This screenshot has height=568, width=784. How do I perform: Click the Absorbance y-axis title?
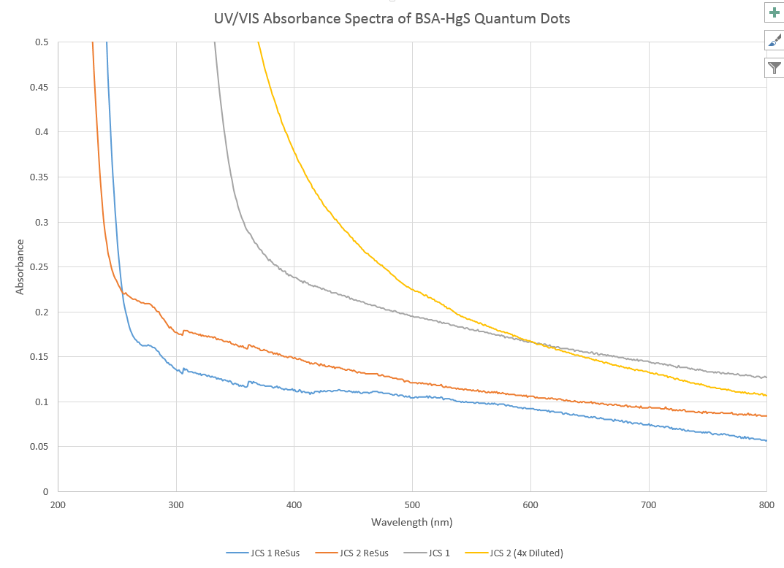click(20, 267)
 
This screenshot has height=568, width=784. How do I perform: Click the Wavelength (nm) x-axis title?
click(412, 522)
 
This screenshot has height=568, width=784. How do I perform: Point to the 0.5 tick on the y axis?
click(42, 42)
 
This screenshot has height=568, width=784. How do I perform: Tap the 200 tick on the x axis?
click(58, 504)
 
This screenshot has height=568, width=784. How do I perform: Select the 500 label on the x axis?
click(412, 504)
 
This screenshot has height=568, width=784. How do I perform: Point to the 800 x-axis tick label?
click(766, 504)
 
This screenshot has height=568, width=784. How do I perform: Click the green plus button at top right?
click(775, 12)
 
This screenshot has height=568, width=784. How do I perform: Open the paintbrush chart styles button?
click(775, 40)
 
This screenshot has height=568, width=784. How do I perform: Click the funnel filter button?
click(775, 68)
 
